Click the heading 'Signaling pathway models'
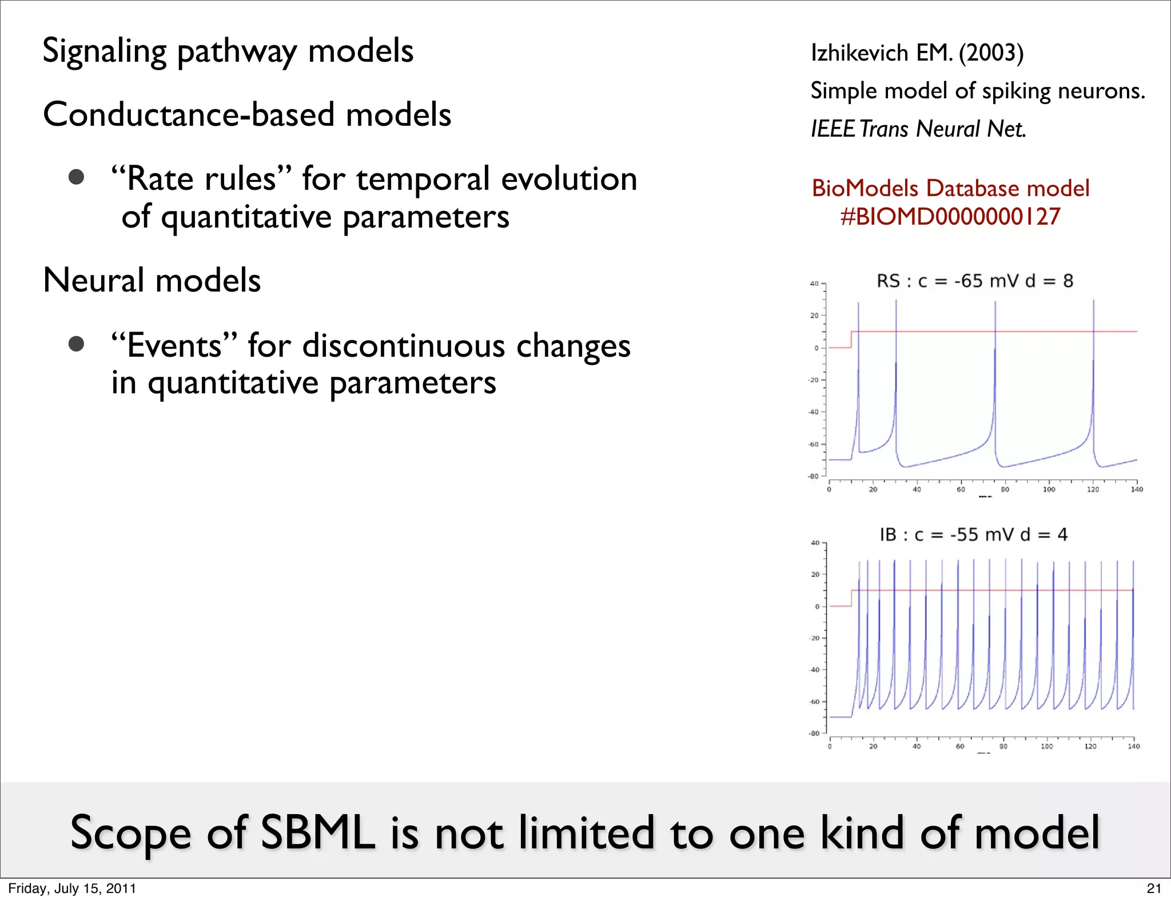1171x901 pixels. (x=228, y=51)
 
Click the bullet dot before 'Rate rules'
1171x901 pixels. (x=77, y=177)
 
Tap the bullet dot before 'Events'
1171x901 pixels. (x=77, y=344)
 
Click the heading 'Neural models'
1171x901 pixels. (x=152, y=280)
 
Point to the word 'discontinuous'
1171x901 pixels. (x=404, y=346)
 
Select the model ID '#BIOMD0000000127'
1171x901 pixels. (x=950, y=217)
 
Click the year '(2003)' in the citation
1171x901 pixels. (x=991, y=53)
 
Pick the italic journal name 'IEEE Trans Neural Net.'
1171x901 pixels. (x=918, y=129)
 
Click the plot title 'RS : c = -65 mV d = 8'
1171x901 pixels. (x=974, y=281)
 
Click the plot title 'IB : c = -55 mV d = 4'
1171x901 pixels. (x=973, y=535)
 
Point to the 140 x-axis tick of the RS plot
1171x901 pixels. (x=1137, y=489)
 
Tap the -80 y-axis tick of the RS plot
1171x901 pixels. (x=813, y=476)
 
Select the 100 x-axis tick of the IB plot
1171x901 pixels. (x=1046, y=746)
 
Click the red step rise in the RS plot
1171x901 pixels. (x=851, y=340)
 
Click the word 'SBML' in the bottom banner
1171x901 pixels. (x=317, y=833)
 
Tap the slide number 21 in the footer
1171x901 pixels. (x=1154, y=888)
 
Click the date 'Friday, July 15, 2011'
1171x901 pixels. (x=72, y=888)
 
